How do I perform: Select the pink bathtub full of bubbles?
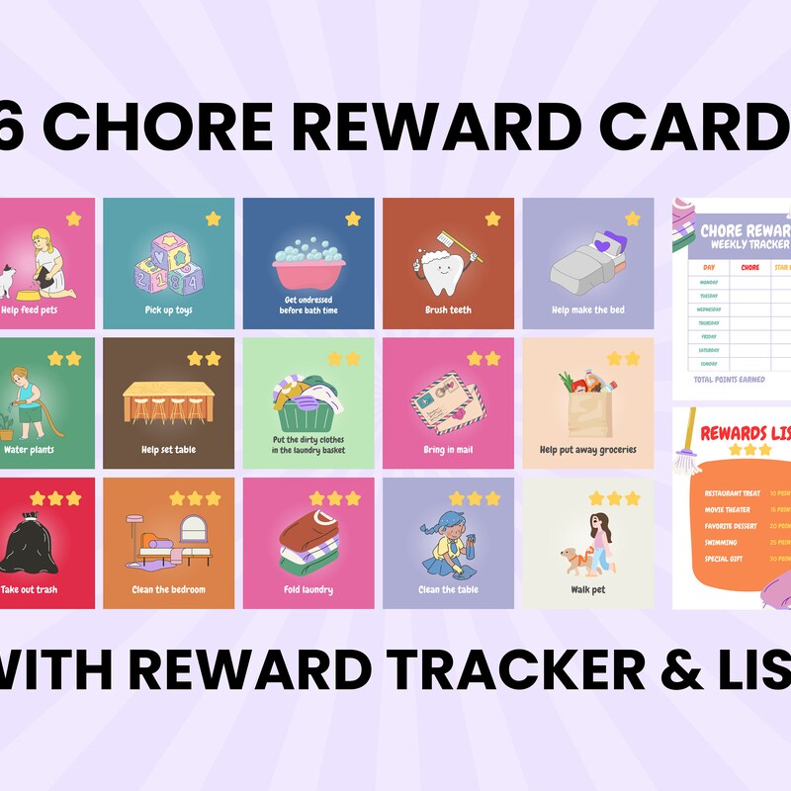click(x=308, y=263)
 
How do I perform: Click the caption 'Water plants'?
click(x=30, y=450)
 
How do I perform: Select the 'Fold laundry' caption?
click(x=308, y=590)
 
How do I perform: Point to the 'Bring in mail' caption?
click(x=448, y=450)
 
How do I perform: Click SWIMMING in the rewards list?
click(x=720, y=542)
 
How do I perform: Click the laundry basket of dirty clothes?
click(x=308, y=393)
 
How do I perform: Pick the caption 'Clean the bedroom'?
click(x=169, y=590)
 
